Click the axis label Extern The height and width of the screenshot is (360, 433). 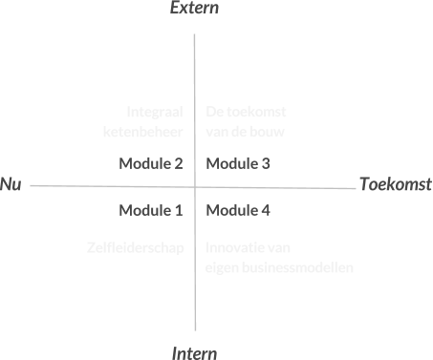click(x=194, y=10)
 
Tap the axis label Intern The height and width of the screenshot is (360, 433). click(x=195, y=352)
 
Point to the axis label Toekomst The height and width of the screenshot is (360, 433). click(x=396, y=184)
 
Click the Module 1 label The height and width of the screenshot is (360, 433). click(x=151, y=210)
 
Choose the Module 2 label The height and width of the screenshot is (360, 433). click(x=151, y=163)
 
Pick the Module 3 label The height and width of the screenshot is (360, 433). click(x=238, y=163)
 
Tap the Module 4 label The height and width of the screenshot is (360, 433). click(x=238, y=210)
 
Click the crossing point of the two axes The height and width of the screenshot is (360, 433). click(x=194, y=186)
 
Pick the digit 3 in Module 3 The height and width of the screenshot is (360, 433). click(x=266, y=163)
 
